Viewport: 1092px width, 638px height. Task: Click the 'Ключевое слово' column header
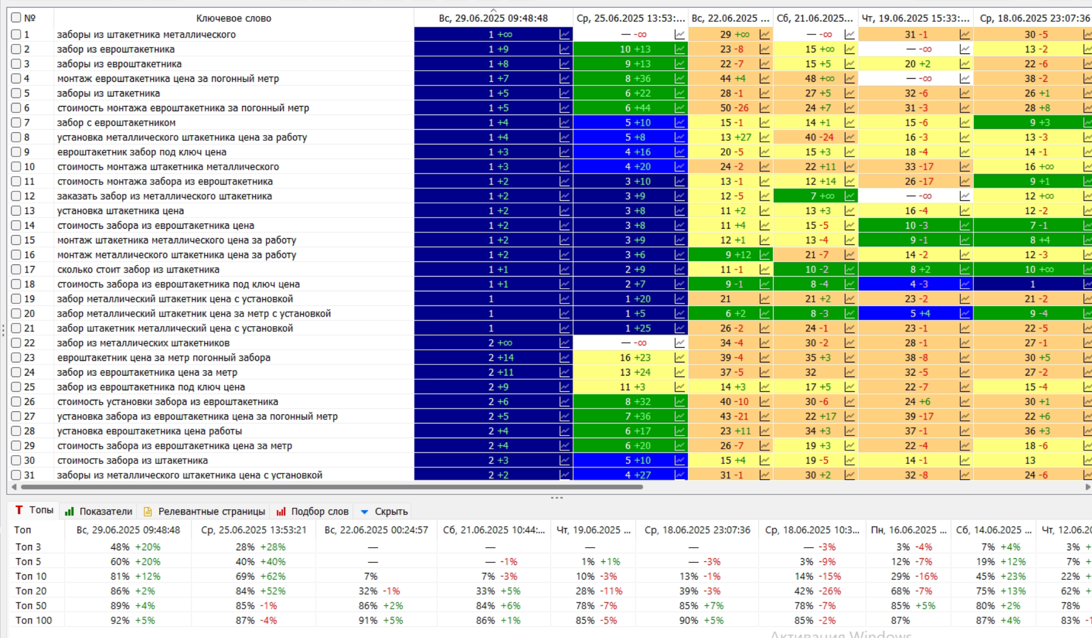click(x=234, y=18)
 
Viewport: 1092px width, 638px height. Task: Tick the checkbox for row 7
click(x=16, y=123)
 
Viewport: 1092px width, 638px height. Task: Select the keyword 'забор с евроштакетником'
click(x=116, y=123)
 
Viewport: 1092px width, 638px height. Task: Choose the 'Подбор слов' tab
click(x=312, y=511)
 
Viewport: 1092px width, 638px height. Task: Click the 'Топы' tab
click(x=34, y=510)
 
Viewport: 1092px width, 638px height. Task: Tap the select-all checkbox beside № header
click(x=16, y=18)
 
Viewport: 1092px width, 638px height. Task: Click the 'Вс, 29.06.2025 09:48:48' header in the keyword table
click(x=493, y=18)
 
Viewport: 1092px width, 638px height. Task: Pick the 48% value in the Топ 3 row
click(x=120, y=547)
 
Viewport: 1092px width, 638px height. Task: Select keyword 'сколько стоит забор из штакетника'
click(x=138, y=270)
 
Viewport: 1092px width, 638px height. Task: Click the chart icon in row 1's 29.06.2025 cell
click(x=564, y=34)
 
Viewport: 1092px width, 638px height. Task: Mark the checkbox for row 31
click(x=16, y=475)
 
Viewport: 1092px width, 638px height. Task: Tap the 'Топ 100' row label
click(x=33, y=620)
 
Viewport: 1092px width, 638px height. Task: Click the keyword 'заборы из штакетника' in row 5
click(x=108, y=93)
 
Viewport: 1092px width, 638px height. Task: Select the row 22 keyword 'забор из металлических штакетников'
click(x=143, y=343)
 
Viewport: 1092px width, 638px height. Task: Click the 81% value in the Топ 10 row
click(x=120, y=576)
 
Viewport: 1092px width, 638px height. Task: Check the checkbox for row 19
click(x=16, y=299)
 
